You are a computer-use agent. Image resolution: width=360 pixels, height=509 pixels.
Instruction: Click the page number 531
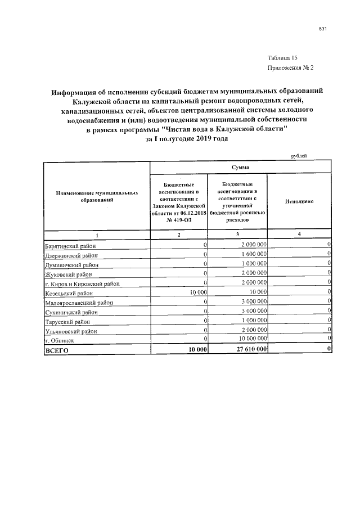click(x=323, y=29)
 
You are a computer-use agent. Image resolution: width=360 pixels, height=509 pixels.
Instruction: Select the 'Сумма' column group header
click(x=241, y=167)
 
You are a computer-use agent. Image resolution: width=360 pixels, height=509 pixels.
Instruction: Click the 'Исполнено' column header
click(x=299, y=201)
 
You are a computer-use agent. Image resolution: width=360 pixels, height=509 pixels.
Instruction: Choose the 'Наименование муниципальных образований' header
click(x=97, y=196)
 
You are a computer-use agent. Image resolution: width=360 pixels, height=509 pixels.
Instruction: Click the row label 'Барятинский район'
click(x=70, y=245)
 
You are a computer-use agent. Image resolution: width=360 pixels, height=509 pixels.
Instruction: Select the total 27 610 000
click(x=249, y=350)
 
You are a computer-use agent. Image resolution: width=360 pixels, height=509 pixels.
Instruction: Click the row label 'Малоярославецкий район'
click(x=79, y=303)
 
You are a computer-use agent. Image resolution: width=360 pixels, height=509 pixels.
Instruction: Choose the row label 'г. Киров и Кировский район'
click(x=82, y=283)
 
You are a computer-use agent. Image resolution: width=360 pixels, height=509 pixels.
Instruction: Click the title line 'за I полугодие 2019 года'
click(x=187, y=138)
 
